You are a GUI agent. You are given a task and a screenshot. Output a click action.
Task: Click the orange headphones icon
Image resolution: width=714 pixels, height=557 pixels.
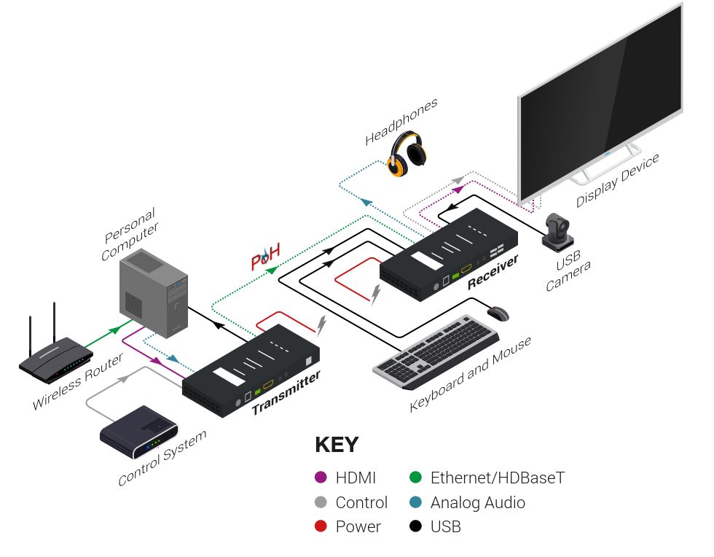(x=407, y=154)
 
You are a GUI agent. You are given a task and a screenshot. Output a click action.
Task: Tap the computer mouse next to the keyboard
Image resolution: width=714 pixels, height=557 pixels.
(x=498, y=313)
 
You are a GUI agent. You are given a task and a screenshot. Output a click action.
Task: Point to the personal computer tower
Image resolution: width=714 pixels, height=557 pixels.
(x=154, y=291)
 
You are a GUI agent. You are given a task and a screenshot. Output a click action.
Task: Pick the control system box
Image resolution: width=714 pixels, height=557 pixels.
(x=138, y=432)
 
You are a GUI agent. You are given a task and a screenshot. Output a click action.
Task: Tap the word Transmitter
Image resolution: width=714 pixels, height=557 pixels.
(x=286, y=393)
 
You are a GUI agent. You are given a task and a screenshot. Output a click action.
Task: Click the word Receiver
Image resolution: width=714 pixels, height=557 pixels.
(x=493, y=272)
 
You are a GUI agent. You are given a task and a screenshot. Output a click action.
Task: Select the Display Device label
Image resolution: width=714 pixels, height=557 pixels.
(x=618, y=180)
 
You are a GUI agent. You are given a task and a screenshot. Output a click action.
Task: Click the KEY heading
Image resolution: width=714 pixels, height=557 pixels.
(x=337, y=445)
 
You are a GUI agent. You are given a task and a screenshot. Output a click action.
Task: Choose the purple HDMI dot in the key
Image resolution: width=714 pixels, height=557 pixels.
(x=321, y=478)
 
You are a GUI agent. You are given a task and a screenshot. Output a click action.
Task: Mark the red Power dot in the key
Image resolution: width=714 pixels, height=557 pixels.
(x=321, y=526)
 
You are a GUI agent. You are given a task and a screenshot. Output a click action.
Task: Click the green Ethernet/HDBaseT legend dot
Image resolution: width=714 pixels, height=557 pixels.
(x=415, y=478)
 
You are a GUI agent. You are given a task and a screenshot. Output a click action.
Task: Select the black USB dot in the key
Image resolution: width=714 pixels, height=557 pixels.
(x=415, y=526)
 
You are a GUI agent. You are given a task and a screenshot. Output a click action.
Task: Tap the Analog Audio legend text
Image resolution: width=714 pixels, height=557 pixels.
(x=477, y=502)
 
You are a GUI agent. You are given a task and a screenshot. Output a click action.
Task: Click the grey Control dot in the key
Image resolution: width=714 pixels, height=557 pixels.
(x=321, y=502)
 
